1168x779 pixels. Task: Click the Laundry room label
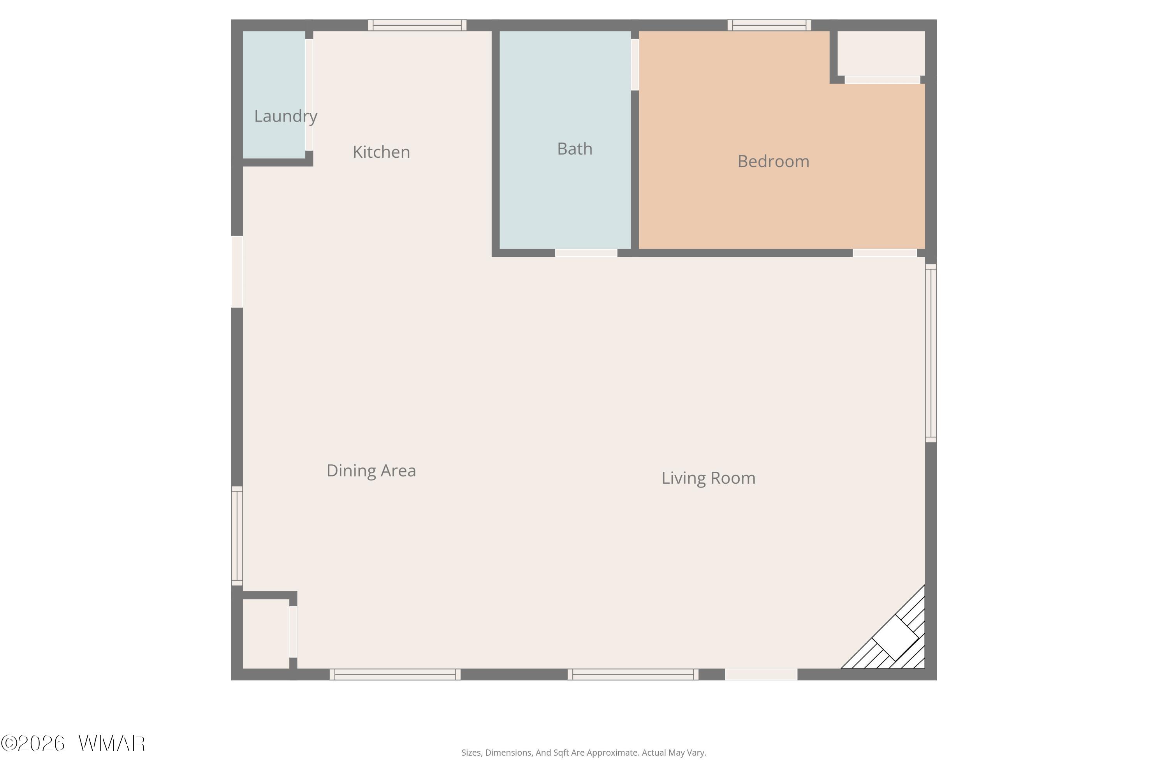coord(285,116)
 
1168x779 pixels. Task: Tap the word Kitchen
coord(382,152)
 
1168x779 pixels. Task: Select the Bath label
coord(575,148)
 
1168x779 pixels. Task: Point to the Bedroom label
coord(773,161)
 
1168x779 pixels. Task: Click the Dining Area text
coord(371,471)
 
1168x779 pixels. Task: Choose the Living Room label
coord(708,478)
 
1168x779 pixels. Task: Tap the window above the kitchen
coord(417,25)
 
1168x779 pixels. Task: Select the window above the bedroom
coord(769,25)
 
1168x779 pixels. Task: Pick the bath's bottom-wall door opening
coord(586,253)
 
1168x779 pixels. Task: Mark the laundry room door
coord(309,94)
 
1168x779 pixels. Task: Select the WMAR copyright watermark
coord(73,743)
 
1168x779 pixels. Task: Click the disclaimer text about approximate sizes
coord(584,753)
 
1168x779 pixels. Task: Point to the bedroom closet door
coord(883,79)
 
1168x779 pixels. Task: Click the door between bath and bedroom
coord(635,65)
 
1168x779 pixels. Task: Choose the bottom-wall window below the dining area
coord(395,674)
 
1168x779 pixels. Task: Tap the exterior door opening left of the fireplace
coord(761,674)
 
